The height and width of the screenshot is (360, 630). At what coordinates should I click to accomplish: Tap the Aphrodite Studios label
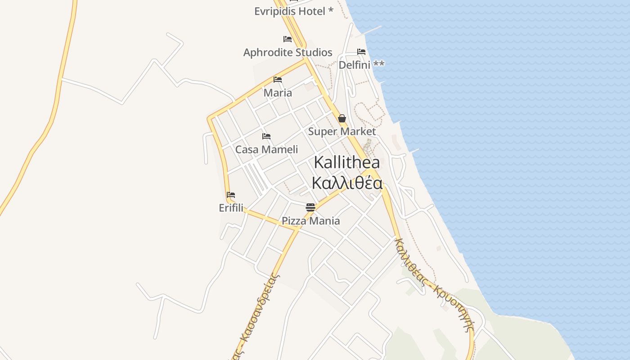click(x=288, y=52)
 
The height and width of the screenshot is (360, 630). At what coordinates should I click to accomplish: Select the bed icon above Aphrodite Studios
click(x=288, y=39)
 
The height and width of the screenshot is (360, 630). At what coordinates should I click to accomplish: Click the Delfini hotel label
click(x=361, y=65)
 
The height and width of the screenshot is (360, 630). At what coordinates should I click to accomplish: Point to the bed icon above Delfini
click(x=361, y=52)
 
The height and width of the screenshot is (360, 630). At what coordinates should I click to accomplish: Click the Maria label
click(x=278, y=93)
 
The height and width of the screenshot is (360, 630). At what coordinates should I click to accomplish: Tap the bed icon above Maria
click(x=278, y=80)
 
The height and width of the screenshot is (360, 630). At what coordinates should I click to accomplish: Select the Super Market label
click(x=342, y=131)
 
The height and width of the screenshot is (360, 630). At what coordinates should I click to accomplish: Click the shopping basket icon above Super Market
click(x=342, y=118)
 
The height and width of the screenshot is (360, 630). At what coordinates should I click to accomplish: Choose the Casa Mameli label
click(x=266, y=149)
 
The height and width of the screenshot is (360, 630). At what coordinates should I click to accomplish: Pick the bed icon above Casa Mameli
click(x=266, y=136)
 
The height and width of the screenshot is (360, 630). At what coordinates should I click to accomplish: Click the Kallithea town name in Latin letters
click(x=346, y=162)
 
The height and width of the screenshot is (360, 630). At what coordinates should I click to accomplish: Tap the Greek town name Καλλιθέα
click(x=347, y=183)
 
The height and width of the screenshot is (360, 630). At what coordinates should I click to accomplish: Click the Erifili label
click(x=231, y=208)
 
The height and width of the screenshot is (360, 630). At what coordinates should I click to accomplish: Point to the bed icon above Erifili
click(x=231, y=195)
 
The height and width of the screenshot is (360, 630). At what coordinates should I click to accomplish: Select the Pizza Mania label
click(x=310, y=221)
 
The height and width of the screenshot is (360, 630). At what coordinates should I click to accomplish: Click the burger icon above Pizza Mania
click(x=310, y=207)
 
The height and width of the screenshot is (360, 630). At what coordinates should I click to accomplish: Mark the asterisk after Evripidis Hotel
click(x=331, y=10)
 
